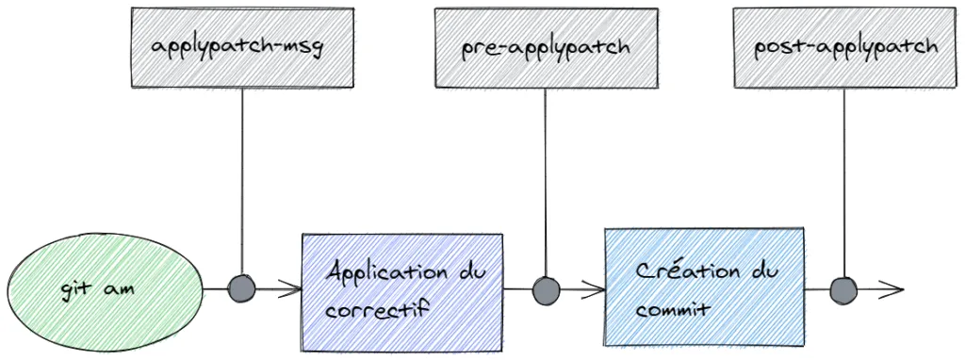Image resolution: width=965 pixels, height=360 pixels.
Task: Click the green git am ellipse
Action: (106, 287)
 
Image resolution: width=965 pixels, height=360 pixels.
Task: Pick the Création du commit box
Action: (704, 286)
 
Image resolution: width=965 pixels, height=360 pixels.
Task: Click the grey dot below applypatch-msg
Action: (242, 288)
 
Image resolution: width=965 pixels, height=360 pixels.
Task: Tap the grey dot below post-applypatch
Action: (843, 288)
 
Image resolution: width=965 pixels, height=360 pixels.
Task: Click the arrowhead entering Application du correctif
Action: (293, 288)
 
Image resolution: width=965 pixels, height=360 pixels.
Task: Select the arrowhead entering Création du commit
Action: (597, 288)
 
